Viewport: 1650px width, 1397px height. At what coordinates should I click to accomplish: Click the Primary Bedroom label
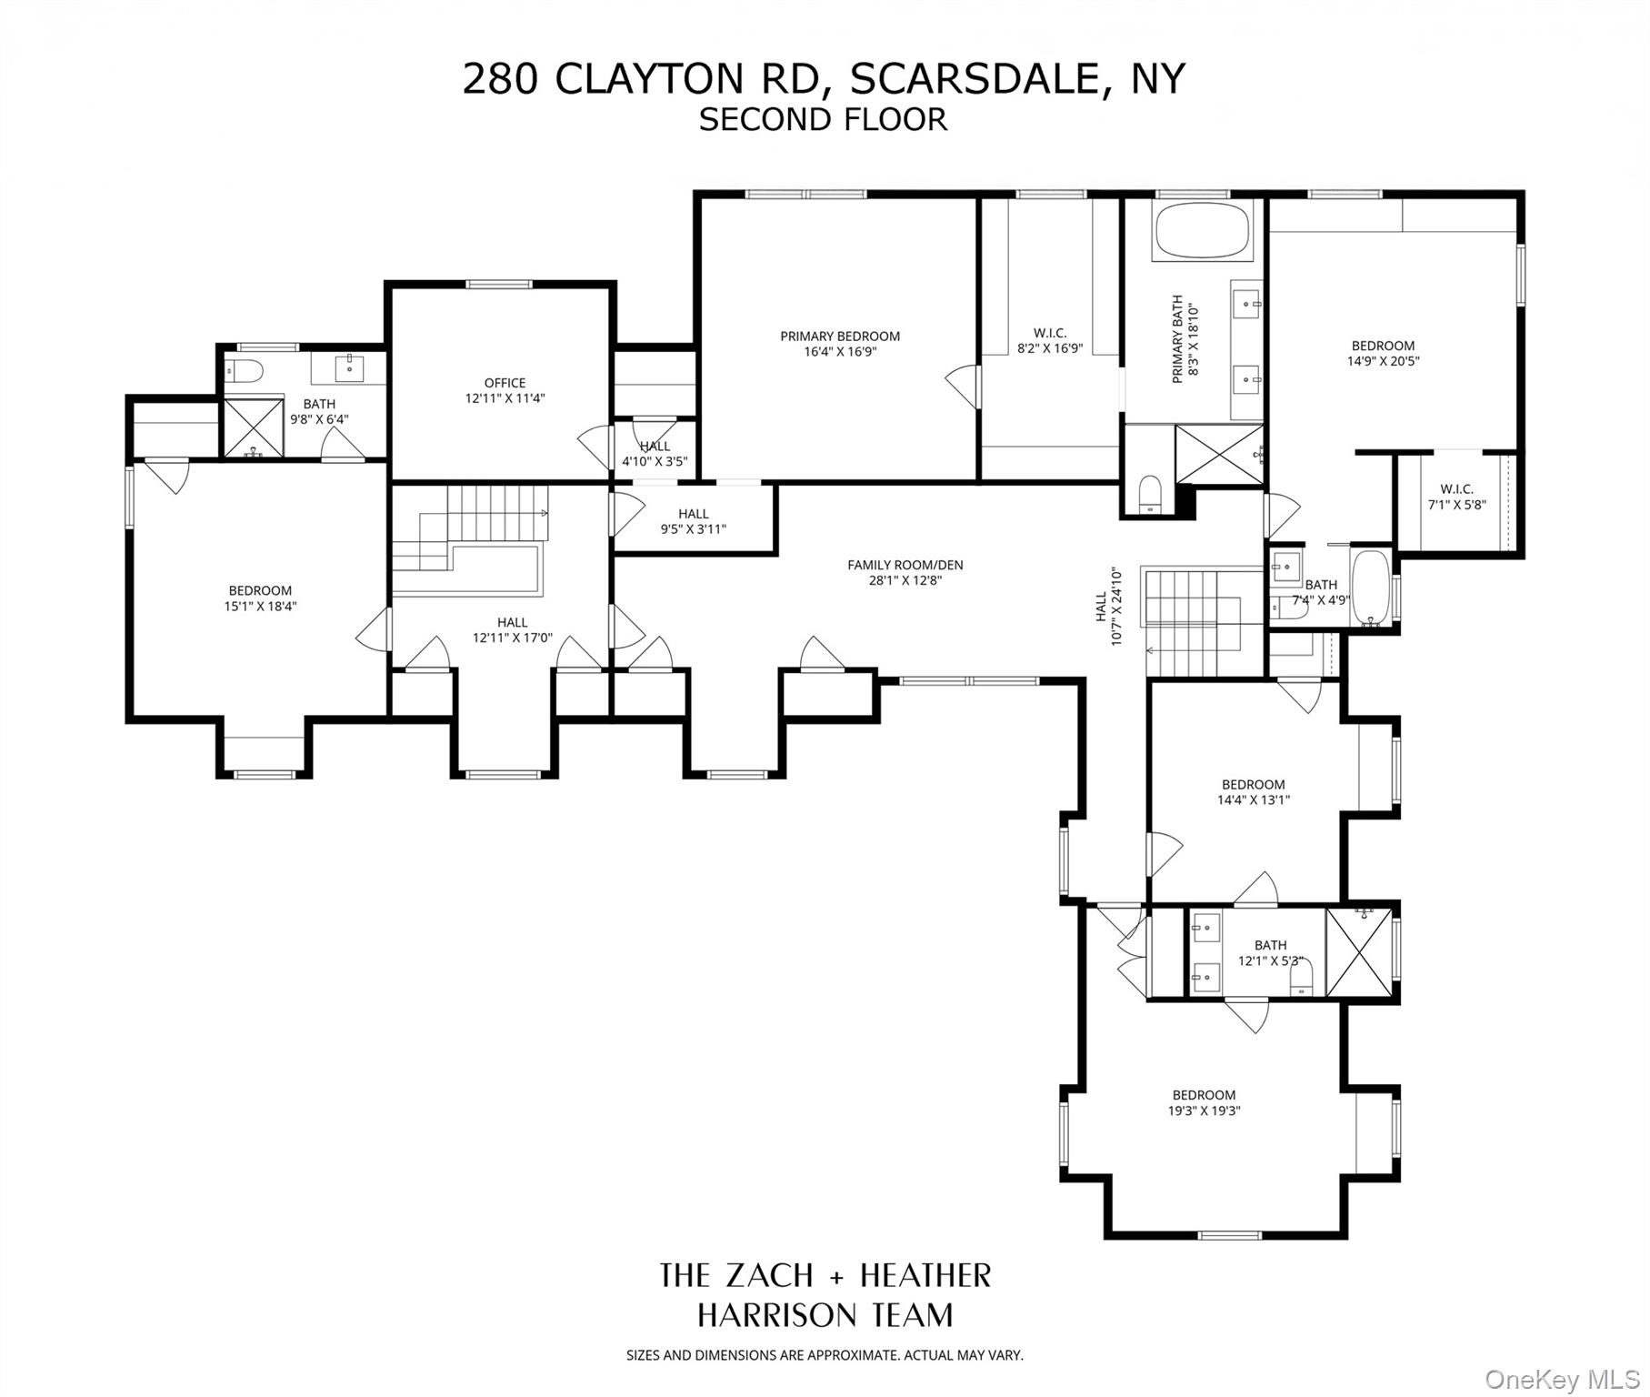[x=839, y=337]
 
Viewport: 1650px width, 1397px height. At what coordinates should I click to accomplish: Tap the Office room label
[x=505, y=383]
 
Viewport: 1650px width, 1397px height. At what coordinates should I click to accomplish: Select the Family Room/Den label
[x=905, y=565]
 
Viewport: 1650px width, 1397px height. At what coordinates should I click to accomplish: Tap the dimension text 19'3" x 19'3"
[x=1204, y=1111]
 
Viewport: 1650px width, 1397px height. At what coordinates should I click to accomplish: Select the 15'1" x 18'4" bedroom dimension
[x=260, y=606]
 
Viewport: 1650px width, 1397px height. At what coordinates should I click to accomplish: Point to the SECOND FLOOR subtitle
[x=823, y=119]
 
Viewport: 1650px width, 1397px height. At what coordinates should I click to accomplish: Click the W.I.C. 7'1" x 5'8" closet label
[x=1456, y=489]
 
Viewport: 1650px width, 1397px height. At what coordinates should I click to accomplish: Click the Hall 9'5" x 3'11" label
[x=693, y=514]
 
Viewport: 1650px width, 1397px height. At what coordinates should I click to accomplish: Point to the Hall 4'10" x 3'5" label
[x=655, y=447]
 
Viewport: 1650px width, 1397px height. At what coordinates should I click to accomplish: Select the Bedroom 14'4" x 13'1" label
[x=1253, y=784]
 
